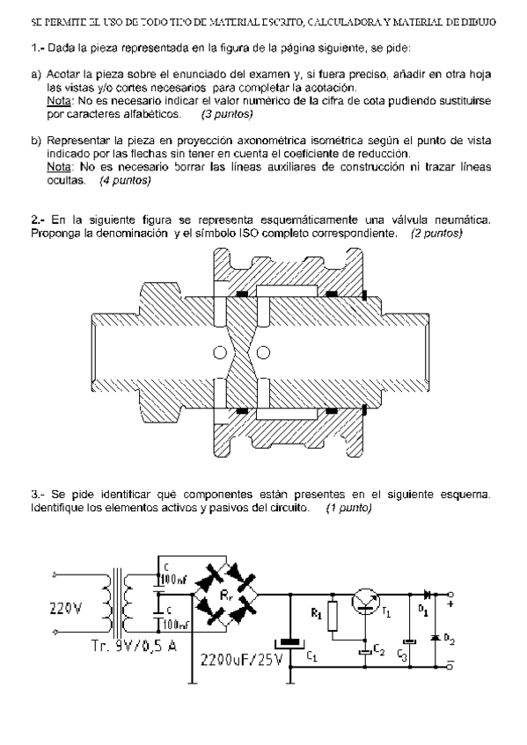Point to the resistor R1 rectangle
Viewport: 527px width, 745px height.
tap(333, 618)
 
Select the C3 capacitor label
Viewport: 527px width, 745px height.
tap(402, 655)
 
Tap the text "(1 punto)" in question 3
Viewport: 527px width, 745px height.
tap(348, 508)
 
